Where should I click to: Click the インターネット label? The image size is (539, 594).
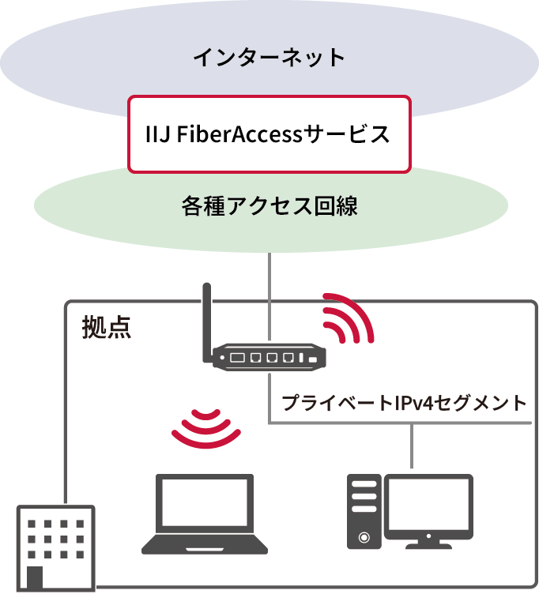[x=269, y=58]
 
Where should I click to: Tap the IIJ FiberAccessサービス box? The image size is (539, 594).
[x=269, y=134]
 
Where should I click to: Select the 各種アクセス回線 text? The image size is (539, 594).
[x=269, y=207]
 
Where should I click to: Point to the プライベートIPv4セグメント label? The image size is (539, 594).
[x=404, y=403]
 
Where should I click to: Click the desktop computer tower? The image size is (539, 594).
[x=364, y=511]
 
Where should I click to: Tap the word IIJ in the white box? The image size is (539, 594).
[x=156, y=134]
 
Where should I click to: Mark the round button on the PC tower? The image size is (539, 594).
[x=364, y=537]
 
